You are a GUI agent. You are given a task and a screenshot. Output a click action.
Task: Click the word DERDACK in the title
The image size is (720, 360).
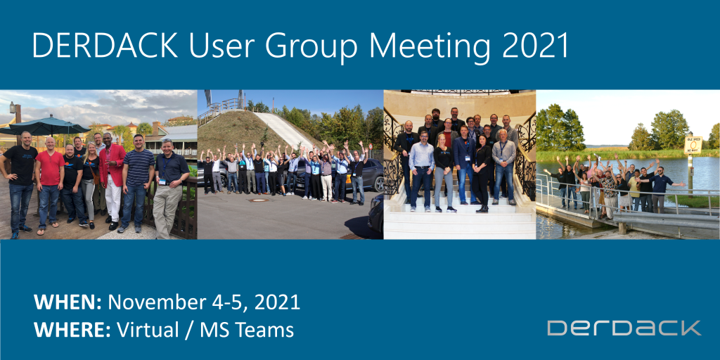point(94,46)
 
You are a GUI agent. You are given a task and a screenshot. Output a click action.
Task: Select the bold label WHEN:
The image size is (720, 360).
point(68,302)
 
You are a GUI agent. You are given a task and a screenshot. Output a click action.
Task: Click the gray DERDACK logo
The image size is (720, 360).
point(624,328)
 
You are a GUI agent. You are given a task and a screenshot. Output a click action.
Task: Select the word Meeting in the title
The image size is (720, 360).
point(429,46)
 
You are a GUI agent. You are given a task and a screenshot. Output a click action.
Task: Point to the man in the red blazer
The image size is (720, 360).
point(111,169)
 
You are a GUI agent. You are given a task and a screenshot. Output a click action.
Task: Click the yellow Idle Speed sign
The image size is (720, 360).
point(693,145)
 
